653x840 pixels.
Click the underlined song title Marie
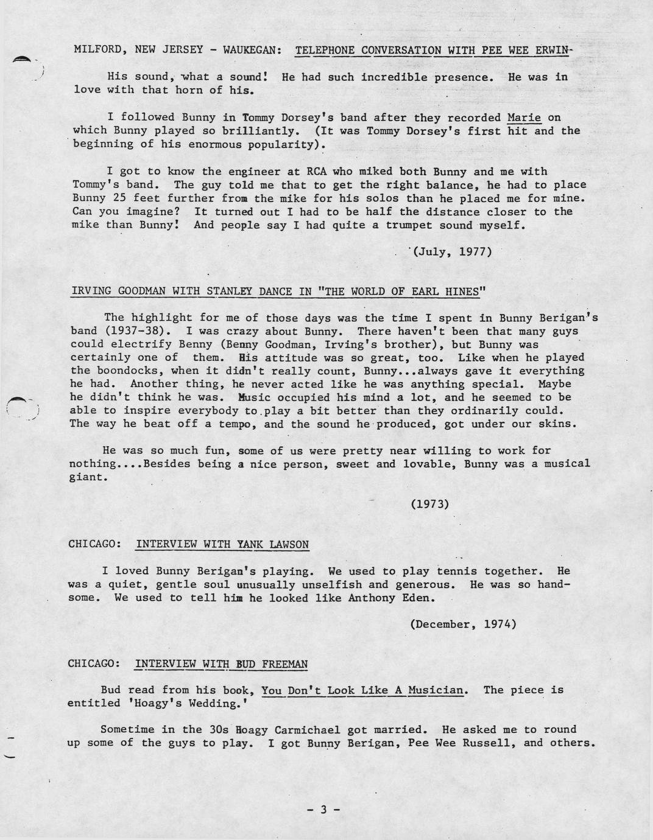point(524,117)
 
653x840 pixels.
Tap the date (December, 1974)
point(464,624)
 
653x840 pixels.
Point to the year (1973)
point(430,503)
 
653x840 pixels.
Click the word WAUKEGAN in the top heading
point(252,50)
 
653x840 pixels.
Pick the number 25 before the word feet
point(126,198)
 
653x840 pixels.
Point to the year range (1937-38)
point(129,331)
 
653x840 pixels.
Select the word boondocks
point(124,371)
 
